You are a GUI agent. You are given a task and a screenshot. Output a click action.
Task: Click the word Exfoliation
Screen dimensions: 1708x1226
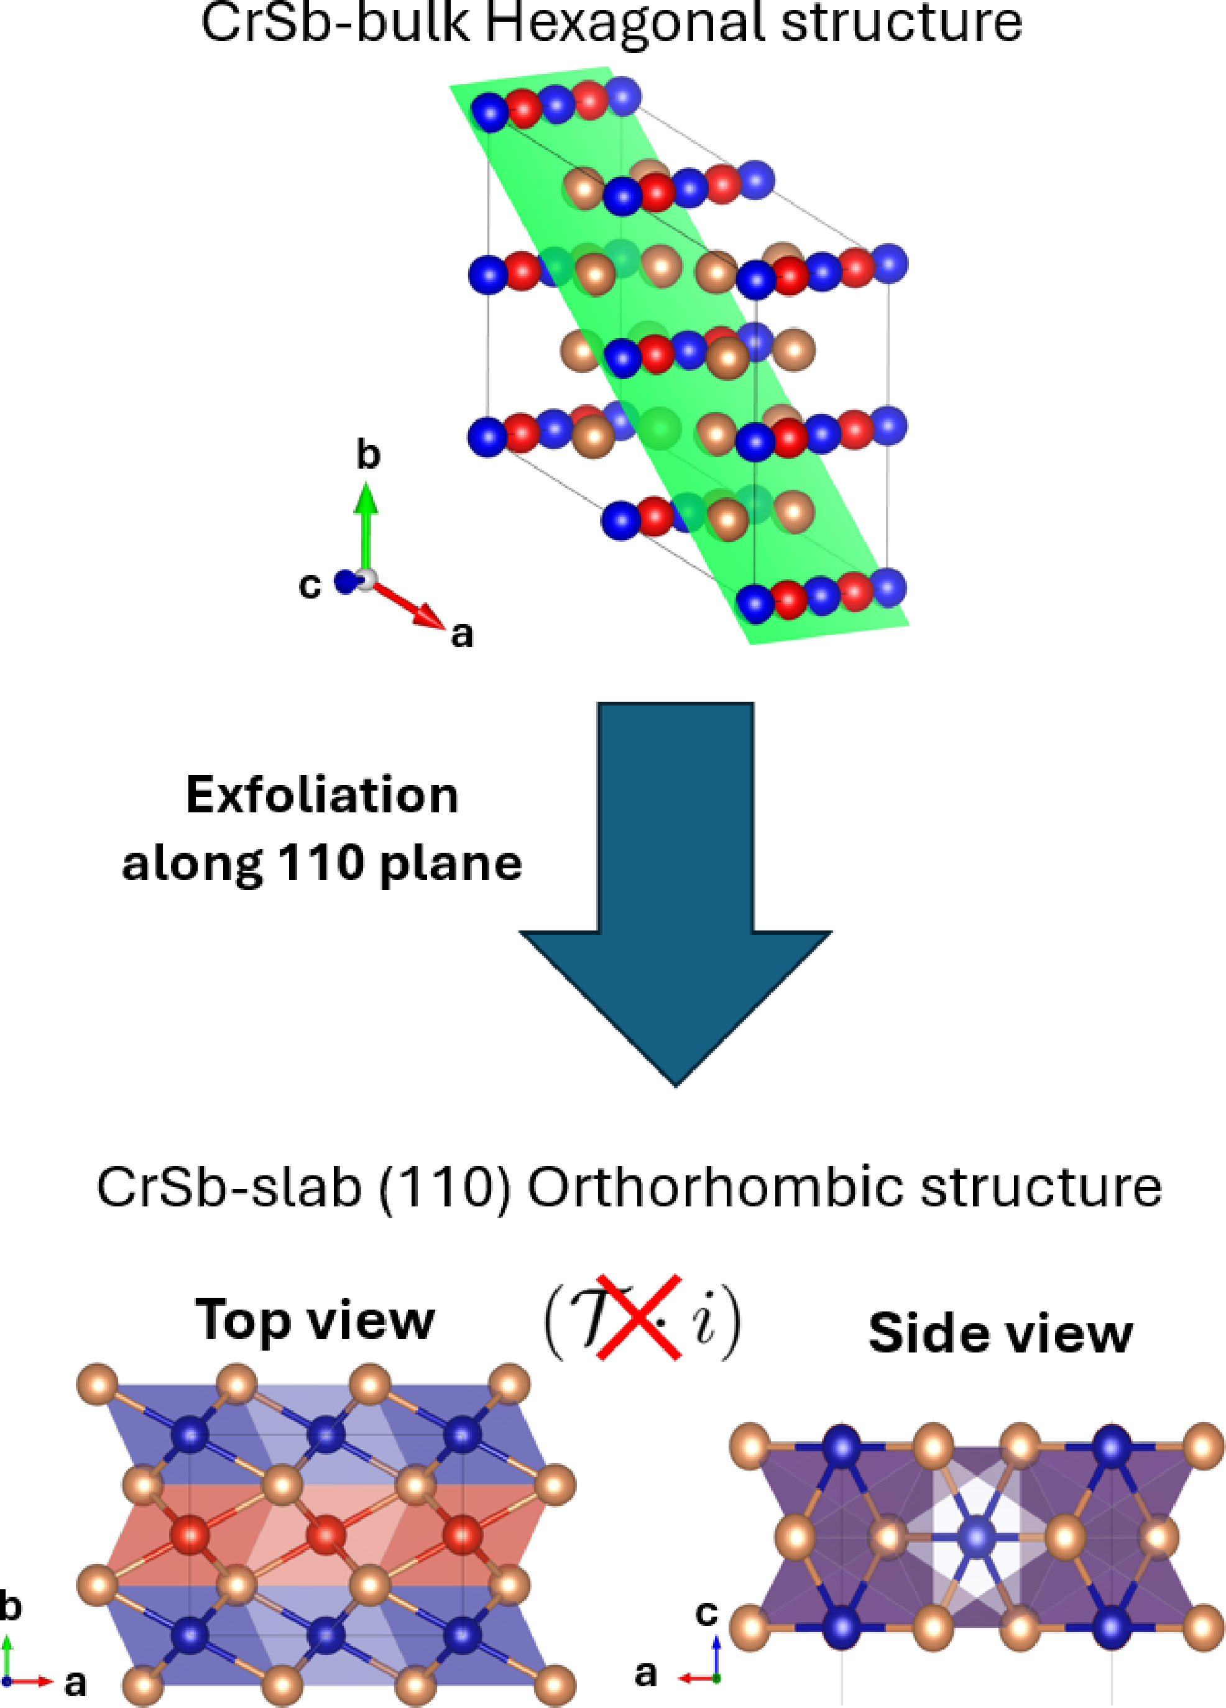[321, 795]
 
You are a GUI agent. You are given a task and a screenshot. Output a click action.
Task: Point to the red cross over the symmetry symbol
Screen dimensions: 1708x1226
[638, 1318]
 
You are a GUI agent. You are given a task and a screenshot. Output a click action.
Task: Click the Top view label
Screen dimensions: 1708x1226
[315, 1320]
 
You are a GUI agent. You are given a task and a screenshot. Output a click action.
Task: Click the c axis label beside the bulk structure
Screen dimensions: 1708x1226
[310, 585]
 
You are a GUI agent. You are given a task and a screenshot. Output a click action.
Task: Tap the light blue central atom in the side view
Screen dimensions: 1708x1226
[977, 1535]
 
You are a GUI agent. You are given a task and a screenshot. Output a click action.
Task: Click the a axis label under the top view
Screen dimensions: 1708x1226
[75, 1683]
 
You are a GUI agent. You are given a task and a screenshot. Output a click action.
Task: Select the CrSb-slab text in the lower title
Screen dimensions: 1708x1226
[229, 1188]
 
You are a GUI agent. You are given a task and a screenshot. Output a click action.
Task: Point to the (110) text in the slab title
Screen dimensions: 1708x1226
[445, 1188]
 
